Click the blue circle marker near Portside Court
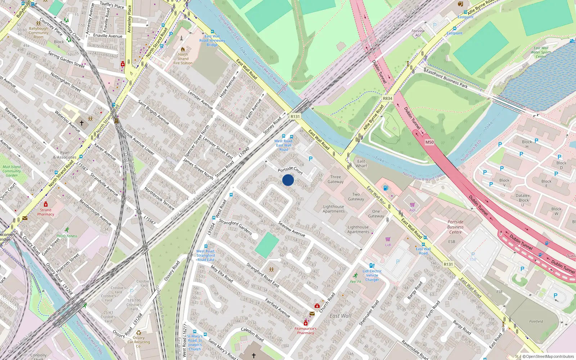tap(288, 180)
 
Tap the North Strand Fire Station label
tap(183, 59)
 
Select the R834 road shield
tap(387, 98)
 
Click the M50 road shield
tap(429, 142)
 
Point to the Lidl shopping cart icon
tap(388, 239)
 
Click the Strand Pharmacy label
tap(46, 212)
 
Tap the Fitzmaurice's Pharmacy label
tap(306, 330)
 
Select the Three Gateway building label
tap(336, 179)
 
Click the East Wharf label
tap(361, 163)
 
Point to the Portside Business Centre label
tap(455, 227)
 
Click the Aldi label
tap(412, 210)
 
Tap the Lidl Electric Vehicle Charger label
tap(372, 275)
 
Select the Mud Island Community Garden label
tap(12, 171)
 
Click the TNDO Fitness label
tap(67, 236)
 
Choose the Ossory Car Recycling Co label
tap(139, 342)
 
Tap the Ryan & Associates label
tap(65, 155)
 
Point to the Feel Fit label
tap(355, 282)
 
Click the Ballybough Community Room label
tap(39, 33)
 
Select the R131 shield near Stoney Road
tap(295, 116)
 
